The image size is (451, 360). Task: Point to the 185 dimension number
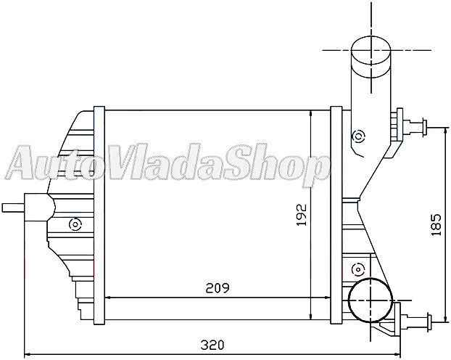click(x=436, y=226)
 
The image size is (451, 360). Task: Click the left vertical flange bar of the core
click(x=99, y=216)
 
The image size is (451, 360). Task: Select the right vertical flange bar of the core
click(x=336, y=216)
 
